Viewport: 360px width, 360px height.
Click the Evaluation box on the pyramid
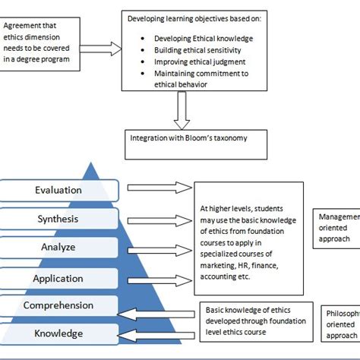pos(58,190)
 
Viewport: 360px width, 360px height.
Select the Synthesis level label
pos(58,219)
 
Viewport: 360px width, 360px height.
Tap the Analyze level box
pos(58,248)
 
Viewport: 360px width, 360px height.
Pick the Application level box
pos(58,278)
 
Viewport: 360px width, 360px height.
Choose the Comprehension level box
pos(58,305)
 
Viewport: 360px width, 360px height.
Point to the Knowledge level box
pos(58,333)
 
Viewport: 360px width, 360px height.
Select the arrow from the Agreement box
pos(101,49)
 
